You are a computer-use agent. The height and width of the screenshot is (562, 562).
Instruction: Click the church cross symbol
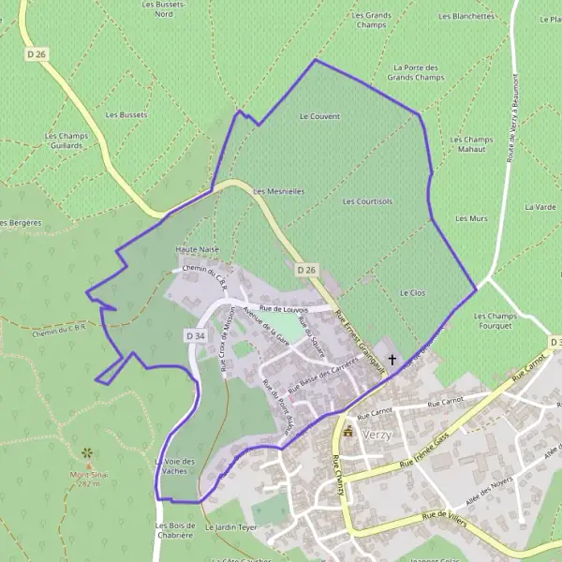pyautogui.click(x=392, y=358)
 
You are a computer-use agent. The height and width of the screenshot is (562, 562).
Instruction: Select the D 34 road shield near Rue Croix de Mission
pyautogui.click(x=195, y=335)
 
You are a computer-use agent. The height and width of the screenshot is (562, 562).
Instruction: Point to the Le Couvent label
pyautogui.click(x=319, y=116)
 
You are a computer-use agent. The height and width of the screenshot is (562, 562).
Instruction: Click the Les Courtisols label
pyautogui.click(x=367, y=201)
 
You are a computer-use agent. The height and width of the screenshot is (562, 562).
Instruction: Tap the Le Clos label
pyautogui.click(x=413, y=293)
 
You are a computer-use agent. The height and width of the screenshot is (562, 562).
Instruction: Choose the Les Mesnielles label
pyautogui.click(x=279, y=191)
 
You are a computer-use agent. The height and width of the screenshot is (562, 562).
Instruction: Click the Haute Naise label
pyautogui.click(x=197, y=250)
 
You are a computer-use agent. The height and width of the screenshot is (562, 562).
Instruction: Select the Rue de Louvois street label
pyautogui.click(x=284, y=308)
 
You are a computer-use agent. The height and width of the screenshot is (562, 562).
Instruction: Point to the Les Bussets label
pyautogui.click(x=126, y=115)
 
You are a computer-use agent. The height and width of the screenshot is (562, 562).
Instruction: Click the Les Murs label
pyautogui.click(x=472, y=218)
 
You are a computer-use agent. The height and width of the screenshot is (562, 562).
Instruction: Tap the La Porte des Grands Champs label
pyautogui.click(x=416, y=72)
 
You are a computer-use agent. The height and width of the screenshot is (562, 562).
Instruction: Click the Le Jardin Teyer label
pyautogui.click(x=234, y=528)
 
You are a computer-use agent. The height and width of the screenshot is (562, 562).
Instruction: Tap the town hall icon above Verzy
pyautogui.click(x=348, y=432)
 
